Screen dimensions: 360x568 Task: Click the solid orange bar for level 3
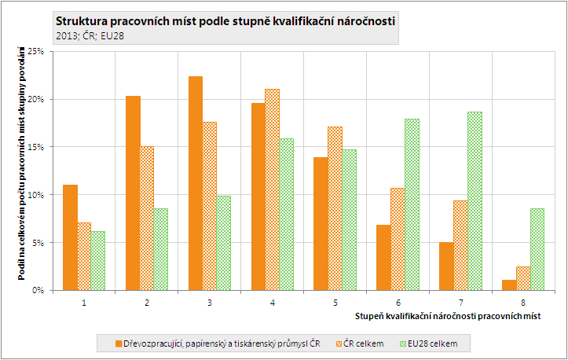(x=196, y=183)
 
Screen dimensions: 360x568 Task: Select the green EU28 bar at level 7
(x=475, y=200)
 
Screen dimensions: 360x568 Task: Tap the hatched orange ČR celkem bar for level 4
(x=273, y=189)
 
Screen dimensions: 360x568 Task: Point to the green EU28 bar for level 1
(x=98, y=260)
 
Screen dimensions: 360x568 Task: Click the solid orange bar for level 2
(x=133, y=193)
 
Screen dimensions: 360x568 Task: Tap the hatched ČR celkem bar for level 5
(x=335, y=208)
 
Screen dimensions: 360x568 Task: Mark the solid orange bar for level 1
(x=70, y=237)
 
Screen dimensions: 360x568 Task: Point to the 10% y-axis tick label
(x=35, y=195)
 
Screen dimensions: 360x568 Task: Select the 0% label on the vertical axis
(x=38, y=290)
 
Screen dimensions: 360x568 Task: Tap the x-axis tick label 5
(x=335, y=302)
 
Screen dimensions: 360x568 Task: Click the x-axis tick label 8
(x=524, y=302)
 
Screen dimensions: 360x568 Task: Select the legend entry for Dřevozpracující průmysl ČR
(x=221, y=343)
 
